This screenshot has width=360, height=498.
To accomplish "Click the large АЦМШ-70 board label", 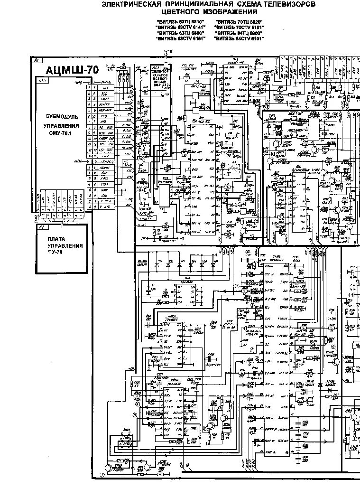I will click(72, 70).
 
